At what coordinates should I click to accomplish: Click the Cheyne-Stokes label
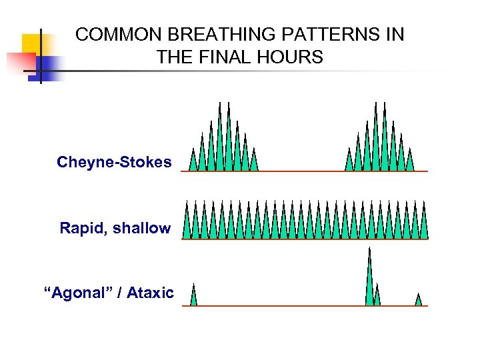[114, 162]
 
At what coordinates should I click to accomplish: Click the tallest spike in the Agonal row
[369, 280]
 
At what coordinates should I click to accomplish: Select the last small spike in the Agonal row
[419, 300]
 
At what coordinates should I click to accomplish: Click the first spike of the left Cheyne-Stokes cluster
[193, 162]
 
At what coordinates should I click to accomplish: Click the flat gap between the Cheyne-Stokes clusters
[300, 171]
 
